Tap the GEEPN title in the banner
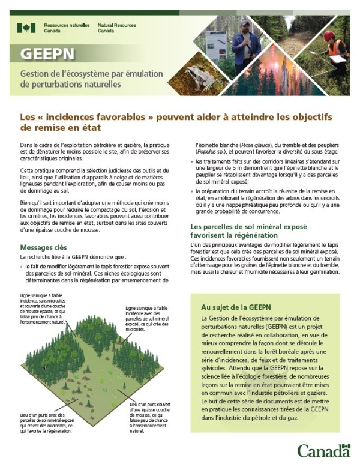click(47, 55)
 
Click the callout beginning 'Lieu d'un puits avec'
click(41, 421)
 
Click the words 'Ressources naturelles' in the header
click(67, 26)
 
